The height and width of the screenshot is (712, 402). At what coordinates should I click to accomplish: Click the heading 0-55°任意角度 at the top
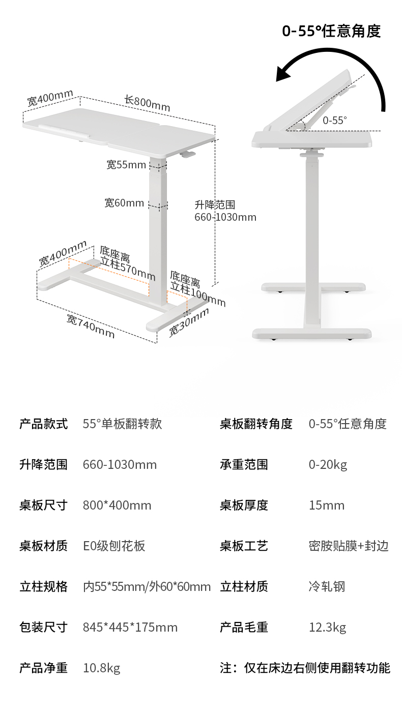pos(331,31)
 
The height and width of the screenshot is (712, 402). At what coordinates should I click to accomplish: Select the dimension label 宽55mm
pos(126,164)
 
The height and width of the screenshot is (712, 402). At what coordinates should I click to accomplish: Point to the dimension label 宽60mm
pos(125,203)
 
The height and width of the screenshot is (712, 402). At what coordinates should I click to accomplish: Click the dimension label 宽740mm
pos(91,326)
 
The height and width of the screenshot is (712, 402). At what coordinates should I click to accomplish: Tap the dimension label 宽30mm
pos(189,323)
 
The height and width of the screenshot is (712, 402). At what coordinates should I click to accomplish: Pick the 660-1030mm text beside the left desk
pos(225,217)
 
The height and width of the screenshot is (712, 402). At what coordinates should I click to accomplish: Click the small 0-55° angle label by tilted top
pos(335,120)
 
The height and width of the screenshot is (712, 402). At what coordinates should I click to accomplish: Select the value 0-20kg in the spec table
pos(328,464)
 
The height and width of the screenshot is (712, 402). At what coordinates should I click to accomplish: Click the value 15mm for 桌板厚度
pos(326,505)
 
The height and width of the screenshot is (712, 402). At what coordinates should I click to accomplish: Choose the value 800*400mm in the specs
pos(117,505)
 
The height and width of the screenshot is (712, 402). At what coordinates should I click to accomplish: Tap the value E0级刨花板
pos(114,546)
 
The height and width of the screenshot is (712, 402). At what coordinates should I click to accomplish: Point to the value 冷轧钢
pos(327,586)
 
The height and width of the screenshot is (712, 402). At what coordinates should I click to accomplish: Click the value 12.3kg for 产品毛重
pos(327,627)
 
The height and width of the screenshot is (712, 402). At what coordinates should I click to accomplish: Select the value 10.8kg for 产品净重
pos(102,668)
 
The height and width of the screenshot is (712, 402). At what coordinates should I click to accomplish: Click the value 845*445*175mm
pos(130,627)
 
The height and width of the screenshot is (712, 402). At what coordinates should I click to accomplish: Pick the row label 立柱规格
pos(43,586)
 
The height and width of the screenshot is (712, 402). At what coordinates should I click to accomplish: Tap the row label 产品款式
pos(43,424)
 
